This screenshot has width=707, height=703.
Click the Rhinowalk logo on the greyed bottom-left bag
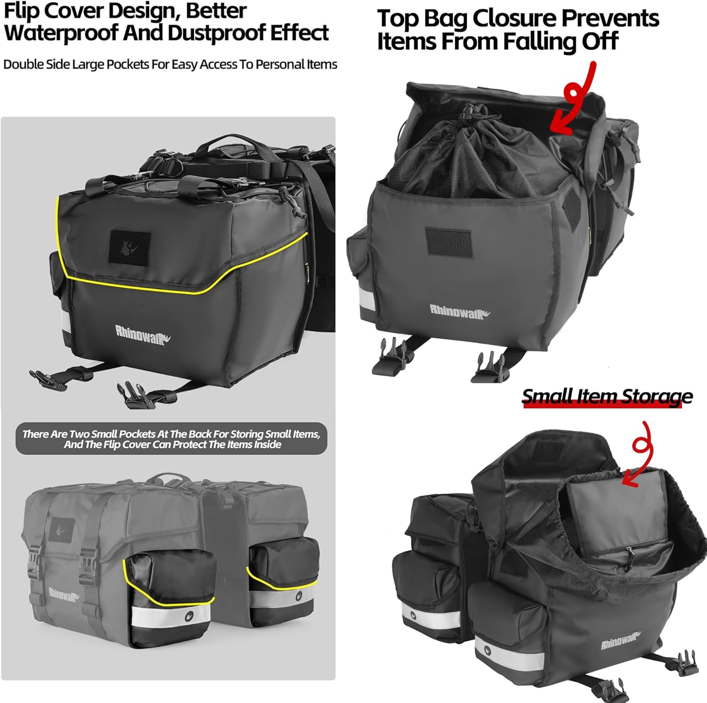(63, 595)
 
